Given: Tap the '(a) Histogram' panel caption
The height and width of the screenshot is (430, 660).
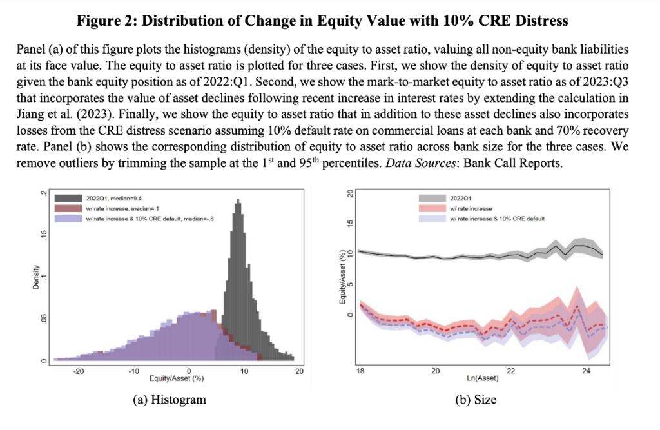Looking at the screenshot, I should click(169, 400).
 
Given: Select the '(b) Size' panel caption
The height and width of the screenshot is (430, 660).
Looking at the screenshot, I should click(477, 400).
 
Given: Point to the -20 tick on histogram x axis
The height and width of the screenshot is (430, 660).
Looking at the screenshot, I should click(79, 371).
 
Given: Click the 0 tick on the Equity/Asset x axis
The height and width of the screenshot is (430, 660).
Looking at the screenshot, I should click(189, 371).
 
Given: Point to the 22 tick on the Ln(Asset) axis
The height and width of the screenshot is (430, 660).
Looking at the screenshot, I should click(511, 371).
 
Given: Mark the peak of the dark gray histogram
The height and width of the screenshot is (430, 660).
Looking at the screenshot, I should click(238, 200).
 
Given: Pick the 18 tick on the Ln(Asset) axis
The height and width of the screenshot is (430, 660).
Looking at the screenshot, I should click(360, 371).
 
